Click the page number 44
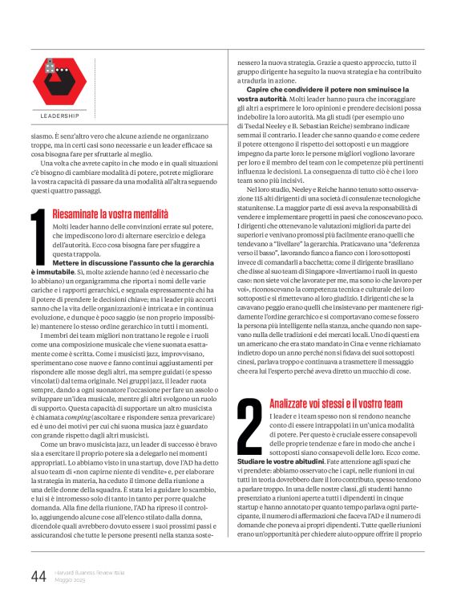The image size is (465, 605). click(x=38, y=575)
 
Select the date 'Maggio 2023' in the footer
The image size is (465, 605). click(x=72, y=579)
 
